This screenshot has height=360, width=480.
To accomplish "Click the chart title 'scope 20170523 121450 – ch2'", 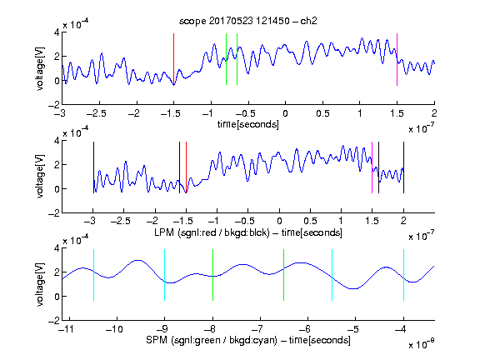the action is (x=247, y=21).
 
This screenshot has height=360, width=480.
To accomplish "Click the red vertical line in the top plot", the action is (x=173, y=59).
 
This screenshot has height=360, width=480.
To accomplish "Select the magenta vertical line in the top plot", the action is (x=397, y=59).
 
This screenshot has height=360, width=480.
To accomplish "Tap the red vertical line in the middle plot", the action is (x=186, y=167).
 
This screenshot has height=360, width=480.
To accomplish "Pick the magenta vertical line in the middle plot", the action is (x=372, y=167).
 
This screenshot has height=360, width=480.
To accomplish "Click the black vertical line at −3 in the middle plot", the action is (x=93, y=167).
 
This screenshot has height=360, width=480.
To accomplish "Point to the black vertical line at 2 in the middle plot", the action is (x=403, y=167).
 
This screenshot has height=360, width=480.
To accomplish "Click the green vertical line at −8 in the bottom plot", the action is (x=212, y=275).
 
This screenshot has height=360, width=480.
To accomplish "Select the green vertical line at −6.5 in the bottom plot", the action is (x=284, y=275).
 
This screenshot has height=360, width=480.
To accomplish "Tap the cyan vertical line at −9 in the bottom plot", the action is (x=165, y=275).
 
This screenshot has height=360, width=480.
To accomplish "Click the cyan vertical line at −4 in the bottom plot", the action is (x=403, y=275).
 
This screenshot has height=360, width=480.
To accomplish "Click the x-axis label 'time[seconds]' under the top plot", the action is (x=248, y=124).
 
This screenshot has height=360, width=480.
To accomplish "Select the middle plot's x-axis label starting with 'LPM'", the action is (x=248, y=232).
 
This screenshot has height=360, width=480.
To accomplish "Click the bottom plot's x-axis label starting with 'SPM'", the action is (x=248, y=340).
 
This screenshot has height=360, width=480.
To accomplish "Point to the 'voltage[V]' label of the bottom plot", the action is (x=40, y=284).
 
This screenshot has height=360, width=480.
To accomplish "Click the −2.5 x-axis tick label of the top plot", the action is (x=97, y=113).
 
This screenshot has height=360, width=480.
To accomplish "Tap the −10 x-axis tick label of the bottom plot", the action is (x=114, y=329).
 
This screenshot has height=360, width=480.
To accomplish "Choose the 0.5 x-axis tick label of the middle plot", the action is (x=310, y=221).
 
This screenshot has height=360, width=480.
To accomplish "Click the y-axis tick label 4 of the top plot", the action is (x=57, y=32).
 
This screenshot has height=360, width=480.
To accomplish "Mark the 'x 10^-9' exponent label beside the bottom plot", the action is (x=421, y=344).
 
